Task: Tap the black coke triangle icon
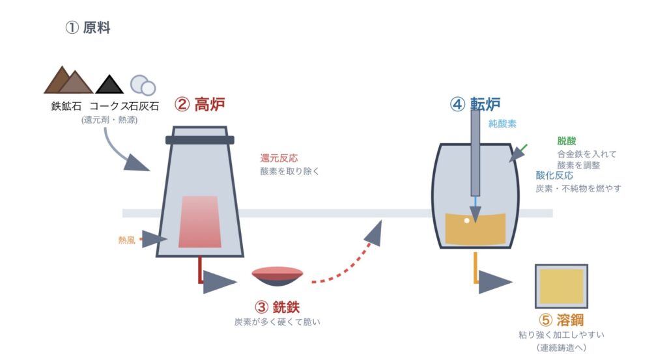[109, 85]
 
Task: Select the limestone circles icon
[143, 85]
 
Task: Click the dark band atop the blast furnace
[199, 139]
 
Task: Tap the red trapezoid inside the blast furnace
[200, 221]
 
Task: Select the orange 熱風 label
[127, 240]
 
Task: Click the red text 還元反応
[279, 158]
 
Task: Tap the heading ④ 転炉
[475, 104]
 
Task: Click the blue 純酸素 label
[502, 122]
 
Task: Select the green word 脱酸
[567, 141]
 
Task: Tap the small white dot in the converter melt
[466, 220]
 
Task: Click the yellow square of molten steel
[561, 286]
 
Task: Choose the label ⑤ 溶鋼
[561, 320]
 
